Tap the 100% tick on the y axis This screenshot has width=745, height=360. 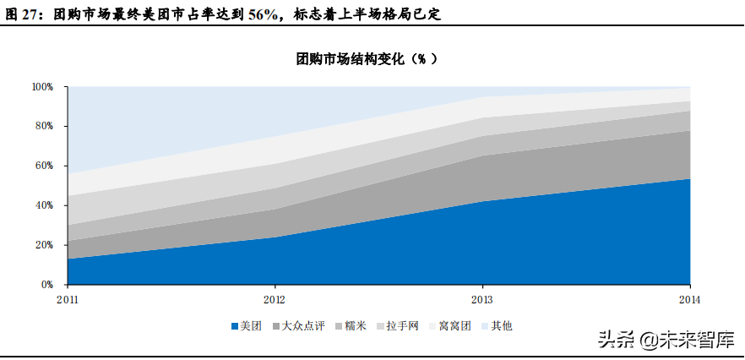[x=43, y=87]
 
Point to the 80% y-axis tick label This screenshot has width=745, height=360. [x=45, y=127]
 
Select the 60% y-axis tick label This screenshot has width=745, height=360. [x=45, y=166]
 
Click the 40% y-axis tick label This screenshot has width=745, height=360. [x=45, y=205]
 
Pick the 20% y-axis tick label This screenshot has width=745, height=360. [x=45, y=245]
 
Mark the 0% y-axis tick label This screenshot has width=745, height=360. [x=47, y=285]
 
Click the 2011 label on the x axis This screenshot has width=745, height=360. [x=67, y=299]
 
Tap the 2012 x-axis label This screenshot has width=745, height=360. [x=275, y=299]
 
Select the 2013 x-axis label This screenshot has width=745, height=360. [x=482, y=299]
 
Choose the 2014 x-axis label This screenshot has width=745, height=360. [x=690, y=299]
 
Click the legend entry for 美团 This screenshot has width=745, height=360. [x=247, y=325]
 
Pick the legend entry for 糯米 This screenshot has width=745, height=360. [x=355, y=325]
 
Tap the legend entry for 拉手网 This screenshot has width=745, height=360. [x=402, y=325]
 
